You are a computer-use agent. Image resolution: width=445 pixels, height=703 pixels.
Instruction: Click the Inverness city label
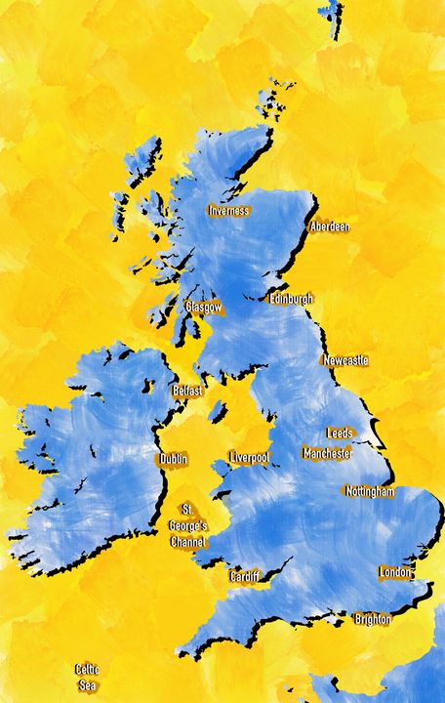[229, 211]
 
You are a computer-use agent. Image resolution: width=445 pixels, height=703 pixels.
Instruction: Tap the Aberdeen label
[329, 227]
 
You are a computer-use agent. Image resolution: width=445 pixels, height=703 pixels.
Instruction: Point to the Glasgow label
[204, 307]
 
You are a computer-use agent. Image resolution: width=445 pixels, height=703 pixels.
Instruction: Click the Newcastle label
[345, 360]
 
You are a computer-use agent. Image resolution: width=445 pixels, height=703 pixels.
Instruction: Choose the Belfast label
[187, 391]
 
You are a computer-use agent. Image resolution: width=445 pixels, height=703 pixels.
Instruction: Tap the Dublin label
[174, 459]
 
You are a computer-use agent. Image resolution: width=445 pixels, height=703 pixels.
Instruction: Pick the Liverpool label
[249, 458]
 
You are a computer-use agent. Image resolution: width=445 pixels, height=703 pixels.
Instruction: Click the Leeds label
[340, 433]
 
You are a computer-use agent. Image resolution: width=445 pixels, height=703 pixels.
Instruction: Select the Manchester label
[327, 453]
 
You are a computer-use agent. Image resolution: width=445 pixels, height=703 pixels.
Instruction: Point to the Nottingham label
[370, 492]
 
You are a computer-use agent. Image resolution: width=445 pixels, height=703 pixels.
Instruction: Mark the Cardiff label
[245, 577]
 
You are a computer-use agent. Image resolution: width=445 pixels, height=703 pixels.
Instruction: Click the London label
[395, 572]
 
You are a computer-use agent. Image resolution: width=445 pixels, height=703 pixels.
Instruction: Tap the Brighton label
[373, 619]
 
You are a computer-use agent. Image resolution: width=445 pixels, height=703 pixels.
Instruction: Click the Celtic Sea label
[88, 677]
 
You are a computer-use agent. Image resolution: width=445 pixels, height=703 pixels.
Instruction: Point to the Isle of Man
[217, 412]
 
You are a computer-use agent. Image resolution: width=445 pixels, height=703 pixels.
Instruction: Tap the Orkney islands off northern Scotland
[267, 102]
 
